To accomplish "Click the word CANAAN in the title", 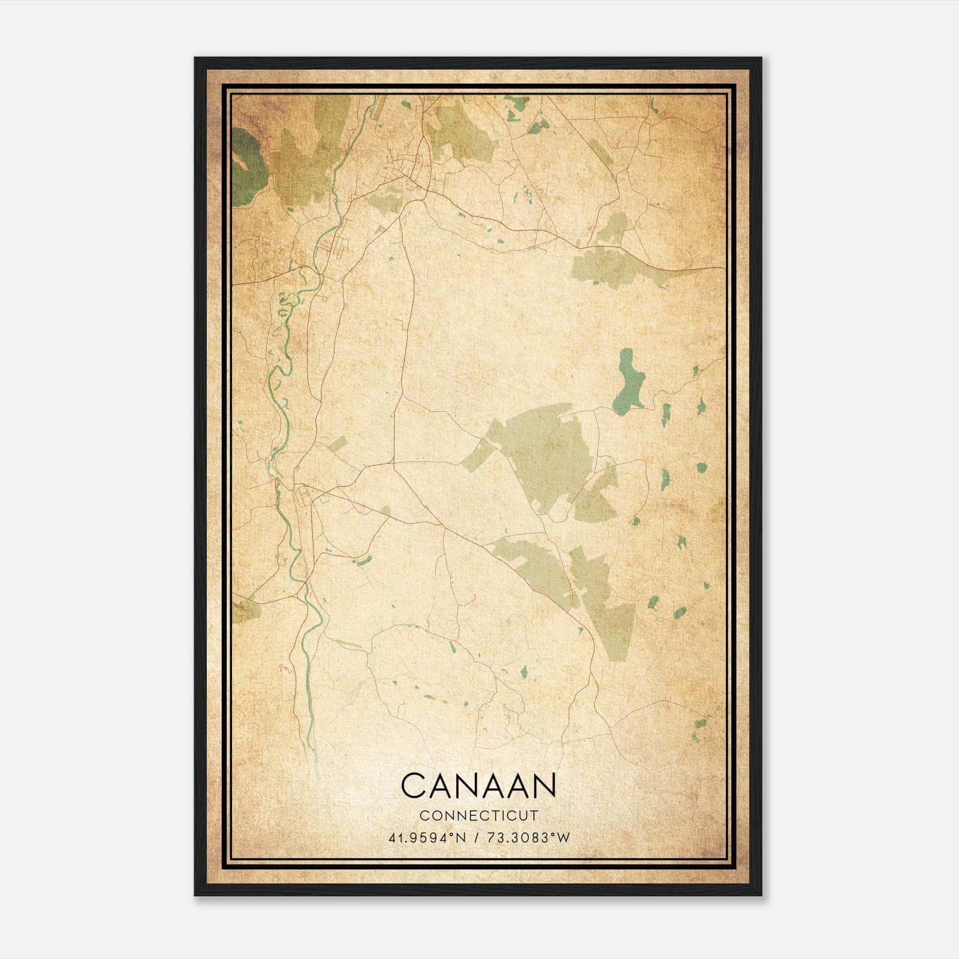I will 478,785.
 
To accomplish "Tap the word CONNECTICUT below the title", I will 479,816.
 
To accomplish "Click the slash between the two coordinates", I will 475,838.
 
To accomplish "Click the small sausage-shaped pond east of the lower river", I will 362,561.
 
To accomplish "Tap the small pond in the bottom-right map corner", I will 699,726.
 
